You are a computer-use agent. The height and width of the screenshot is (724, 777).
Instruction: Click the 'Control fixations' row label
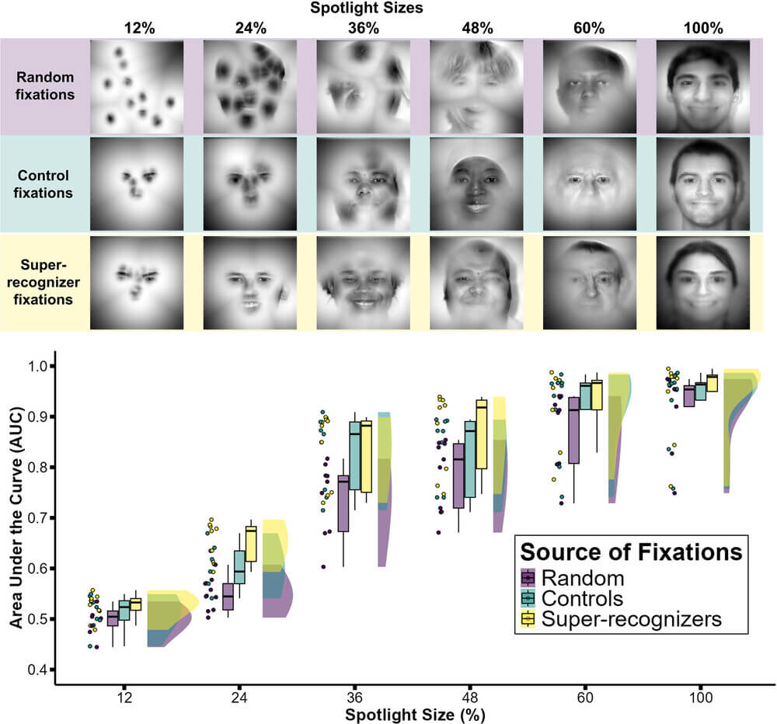pos(44,183)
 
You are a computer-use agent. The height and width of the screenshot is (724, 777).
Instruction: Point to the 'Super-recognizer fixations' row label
pos(44,280)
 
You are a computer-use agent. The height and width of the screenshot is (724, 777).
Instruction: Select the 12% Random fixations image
pos(136,85)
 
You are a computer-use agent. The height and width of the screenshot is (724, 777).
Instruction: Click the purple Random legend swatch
pos(528,577)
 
